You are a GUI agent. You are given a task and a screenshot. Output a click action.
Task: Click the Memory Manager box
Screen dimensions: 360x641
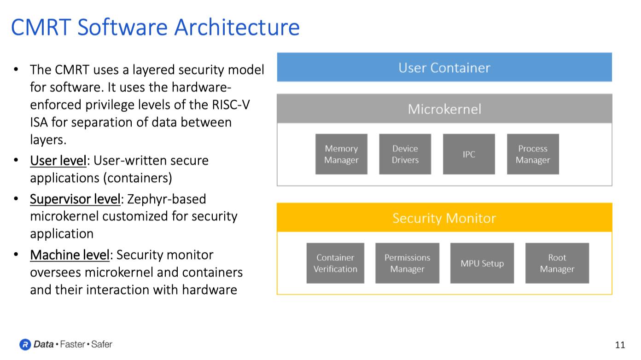click(x=341, y=154)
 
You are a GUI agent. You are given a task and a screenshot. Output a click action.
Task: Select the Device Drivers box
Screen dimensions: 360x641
click(x=405, y=154)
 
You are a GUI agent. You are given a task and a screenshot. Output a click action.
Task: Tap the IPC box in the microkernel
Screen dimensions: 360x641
click(x=469, y=154)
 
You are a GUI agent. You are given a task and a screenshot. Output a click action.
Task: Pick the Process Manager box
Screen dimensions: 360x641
click(x=533, y=154)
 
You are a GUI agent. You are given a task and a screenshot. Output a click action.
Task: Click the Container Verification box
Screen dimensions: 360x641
click(x=335, y=263)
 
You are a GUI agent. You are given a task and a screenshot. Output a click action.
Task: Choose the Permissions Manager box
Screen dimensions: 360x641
click(x=407, y=263)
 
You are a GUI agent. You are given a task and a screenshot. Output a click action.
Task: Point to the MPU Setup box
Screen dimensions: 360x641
click(x=482, y=263)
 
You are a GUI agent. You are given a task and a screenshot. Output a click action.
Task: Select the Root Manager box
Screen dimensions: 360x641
click(x=557, y=263)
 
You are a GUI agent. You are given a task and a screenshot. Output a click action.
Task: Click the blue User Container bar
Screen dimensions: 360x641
click(x=444, y=67)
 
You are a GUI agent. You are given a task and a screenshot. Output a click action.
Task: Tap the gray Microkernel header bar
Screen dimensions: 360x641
click(x=444, y=109)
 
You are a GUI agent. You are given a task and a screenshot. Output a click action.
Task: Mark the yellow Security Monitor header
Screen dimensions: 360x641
click(x=444, y=218)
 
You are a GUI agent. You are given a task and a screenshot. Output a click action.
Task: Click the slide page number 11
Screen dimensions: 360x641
click(x=620, y=345)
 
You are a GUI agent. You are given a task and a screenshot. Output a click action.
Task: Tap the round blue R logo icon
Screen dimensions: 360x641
click(x=25, y=344)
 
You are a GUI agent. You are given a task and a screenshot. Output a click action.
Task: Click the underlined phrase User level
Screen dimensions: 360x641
click(x=58, y=161)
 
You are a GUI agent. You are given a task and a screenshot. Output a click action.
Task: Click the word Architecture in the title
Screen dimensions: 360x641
click(x=237, y=27)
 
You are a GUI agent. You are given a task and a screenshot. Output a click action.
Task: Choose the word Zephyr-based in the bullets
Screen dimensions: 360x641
click(x=166, y=199)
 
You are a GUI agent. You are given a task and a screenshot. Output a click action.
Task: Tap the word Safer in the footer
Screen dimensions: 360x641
click(x=102, y=344)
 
